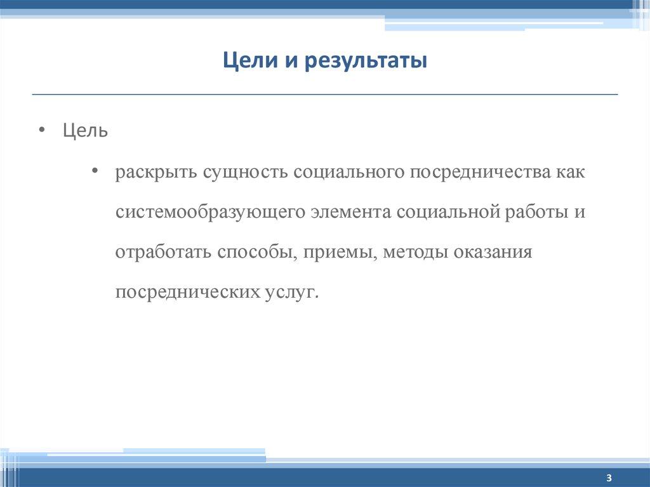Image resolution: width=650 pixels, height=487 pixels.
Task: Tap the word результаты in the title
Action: point(366,63)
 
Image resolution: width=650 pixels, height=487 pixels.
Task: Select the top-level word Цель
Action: point(85,131)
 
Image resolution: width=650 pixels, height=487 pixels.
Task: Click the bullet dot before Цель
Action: point(41,130)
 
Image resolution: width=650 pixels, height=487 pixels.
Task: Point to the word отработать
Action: point(163,252)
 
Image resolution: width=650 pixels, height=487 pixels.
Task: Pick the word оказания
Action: point(492,252)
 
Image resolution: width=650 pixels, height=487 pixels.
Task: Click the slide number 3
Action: point(609,477)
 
